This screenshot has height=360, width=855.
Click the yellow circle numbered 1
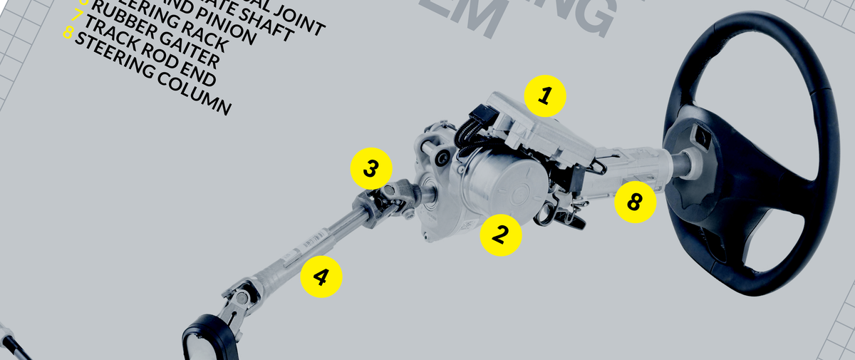tap(544, 96)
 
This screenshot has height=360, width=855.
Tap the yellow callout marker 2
tap(501, 234)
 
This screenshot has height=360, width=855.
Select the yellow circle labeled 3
tap(371, 169)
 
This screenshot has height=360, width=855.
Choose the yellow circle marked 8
tap(635, 202)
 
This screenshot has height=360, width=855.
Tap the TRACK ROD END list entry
tap(150, 58)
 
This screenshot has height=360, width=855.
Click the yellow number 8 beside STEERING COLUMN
tap(68, 34)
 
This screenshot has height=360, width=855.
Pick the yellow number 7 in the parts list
tap(77, 15)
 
